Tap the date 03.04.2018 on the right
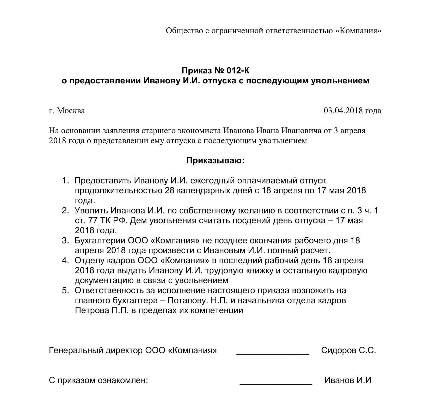[x=343, y=111]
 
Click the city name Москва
[x=71, y=111]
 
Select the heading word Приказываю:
[x=215, y=161]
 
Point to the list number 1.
[x=65, y=181]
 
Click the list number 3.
[x=65, y=240]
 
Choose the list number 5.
[x=65, y=290]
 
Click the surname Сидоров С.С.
[x=348, y=350]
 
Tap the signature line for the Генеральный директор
[x=272, y=352]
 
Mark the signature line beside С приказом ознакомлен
[x=275, y=382]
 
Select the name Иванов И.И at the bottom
[x=348, y=380]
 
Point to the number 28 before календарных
[x=170, y=191]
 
